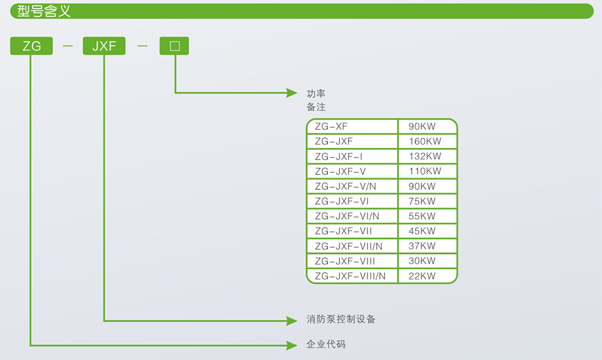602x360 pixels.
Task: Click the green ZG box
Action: coord(31,46)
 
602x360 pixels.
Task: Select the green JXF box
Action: coord(104,46)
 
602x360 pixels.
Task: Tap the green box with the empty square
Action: coord(174,46)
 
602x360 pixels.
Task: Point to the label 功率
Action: coord(316,93)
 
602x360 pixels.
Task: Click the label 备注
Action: coord(316,107)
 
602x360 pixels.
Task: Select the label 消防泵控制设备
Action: coord(341,319)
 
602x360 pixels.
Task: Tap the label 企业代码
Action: coord(326,344)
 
